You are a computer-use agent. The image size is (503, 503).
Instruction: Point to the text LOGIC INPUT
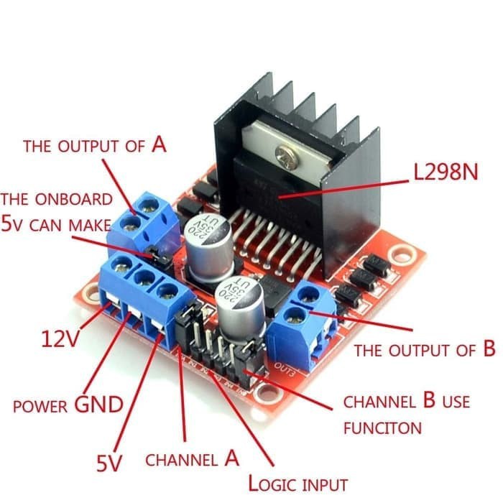(x=297, y=484)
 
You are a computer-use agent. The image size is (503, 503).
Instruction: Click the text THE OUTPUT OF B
(x=425, y=351)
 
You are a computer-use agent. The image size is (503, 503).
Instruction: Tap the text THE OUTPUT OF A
(x=94, y=145)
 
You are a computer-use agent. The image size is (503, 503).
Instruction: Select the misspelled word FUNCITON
(x=382, y=428)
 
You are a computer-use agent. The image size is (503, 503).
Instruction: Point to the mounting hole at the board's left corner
(x=91, y=293)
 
